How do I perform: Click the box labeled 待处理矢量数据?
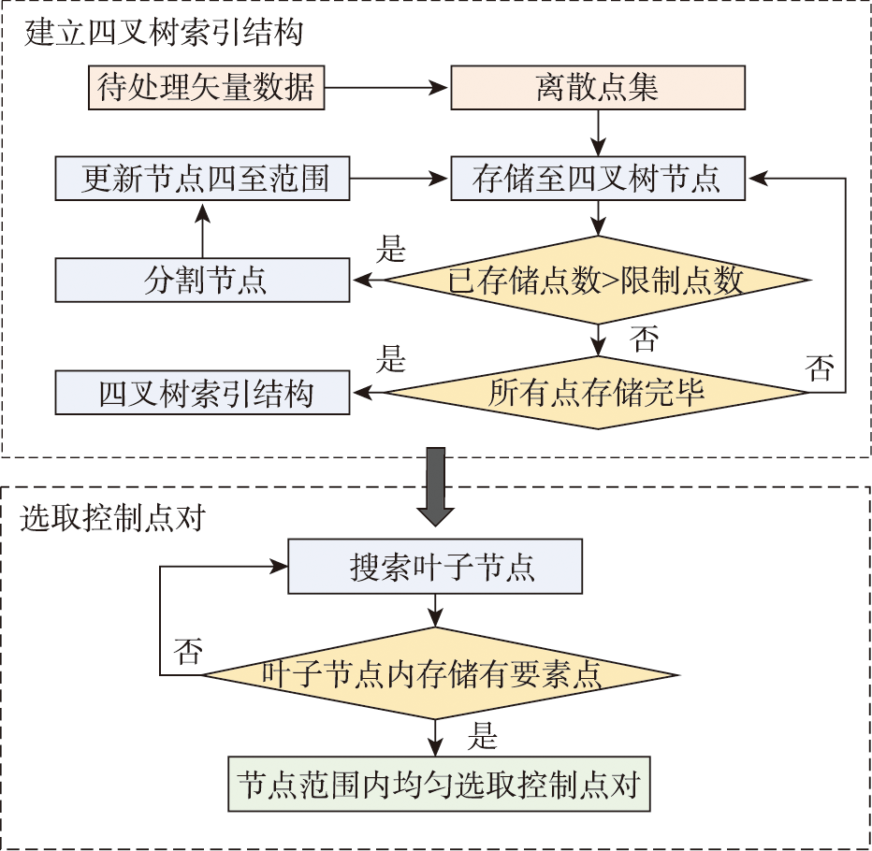pyautogui.click(x=206, y=88)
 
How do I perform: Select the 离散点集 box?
pyautogui.click(x=598, y=88)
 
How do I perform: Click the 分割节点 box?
pyautogui.click(x=202, y=281)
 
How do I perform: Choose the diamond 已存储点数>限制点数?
pyautogui.click(x=597, y=281)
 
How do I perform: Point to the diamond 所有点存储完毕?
pyautogui.click(x=597, y=393)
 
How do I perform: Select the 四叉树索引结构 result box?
pyautogui.click(x=202, y=393)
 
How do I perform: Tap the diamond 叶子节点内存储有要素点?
pyautogui.click(x=440, y=674)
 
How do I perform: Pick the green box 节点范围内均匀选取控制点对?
pyautogui.click(x=439, y=784)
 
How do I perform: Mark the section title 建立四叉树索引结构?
pyautogui.click(x=165, y=35)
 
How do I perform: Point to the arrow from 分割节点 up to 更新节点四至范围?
pyautogui.click(x=202, y=230)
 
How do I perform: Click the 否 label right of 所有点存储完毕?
pyautogui.click(x=820, y=368)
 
